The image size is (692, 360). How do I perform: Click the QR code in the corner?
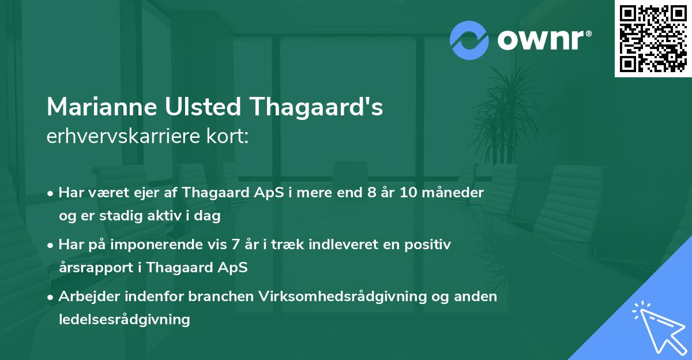point(653,38)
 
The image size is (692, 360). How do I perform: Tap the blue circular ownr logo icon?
point(469,40)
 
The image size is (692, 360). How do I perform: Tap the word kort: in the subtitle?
point(227,137)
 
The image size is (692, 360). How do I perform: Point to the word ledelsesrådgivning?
point(124,320)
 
